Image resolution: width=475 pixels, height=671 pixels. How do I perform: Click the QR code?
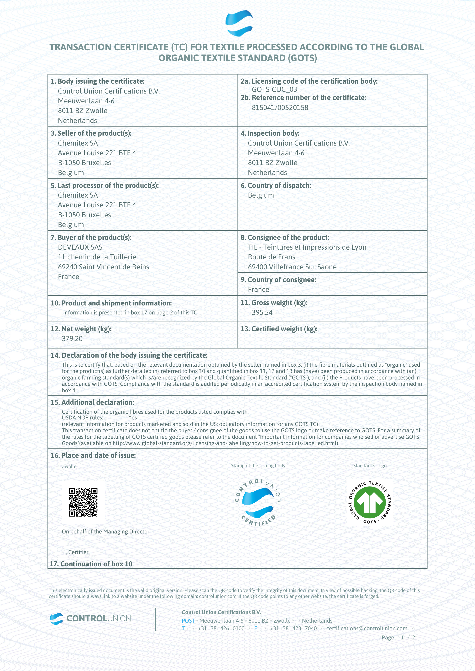tap(83, 502)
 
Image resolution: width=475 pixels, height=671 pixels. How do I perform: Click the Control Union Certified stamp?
tap(258, 502)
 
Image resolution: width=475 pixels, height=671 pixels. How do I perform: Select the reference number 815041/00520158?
tap(280, 107)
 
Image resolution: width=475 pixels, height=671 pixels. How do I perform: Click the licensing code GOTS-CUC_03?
tap(274, 90)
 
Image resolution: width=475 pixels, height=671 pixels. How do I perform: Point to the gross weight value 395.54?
tap(262, 312)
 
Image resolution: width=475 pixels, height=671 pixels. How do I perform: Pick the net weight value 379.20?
tap(72, 339)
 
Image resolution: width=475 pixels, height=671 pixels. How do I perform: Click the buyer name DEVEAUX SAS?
tap(80, 247)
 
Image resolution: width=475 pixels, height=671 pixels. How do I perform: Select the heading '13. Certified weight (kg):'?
tap(279, 329)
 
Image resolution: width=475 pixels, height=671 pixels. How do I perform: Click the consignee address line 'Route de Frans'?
tap(271, 257)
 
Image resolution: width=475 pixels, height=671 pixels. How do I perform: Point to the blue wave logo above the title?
tap(239, 23)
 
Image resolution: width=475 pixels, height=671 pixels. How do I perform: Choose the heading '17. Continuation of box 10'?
tap(91, 564)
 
